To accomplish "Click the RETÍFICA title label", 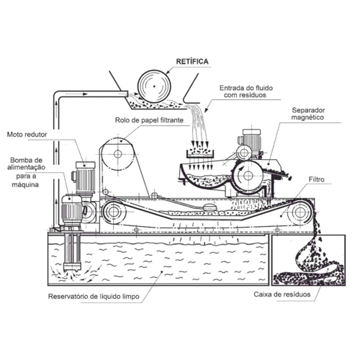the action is pyautogui.click(x=192, y=62).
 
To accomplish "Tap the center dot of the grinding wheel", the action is pyautogui.click(x=154, y=86).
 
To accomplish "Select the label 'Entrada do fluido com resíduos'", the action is pyautogui.click(x=246, y=91).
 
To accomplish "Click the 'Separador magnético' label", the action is pyautogui.click(x=308, y=114).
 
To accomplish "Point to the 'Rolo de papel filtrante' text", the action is pyautogui.click(x=149, y=120).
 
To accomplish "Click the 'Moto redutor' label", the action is pyautogui.click(x=27, y=135).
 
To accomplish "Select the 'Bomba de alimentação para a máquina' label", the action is pyautogui.click(x=26, y=172).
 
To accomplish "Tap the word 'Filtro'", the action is pyautogui.click(x=316, y=179).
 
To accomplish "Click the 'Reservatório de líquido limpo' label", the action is pyautogui.click(x=94, y=297).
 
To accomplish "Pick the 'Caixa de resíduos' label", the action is pyautogui.click(x=282, y=294).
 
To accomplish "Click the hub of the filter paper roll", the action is pyautogui.click(x=117, y=154).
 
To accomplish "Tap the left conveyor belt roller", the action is pyautogui.click(x=112, y=212).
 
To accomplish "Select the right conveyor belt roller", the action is pyautogui.click(x=300, y=212).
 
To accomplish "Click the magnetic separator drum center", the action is pyautogui.click(x=248, y=176).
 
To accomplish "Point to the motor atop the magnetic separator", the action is pyautogui.click(x=250, y=142).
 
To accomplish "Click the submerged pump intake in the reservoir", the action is pyautogui.click(x=72, y=267).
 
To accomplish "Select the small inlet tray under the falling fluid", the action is pyautogui.click(x=200, y=153).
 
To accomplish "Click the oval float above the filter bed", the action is pyautogui.click(x=210, y=207).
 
